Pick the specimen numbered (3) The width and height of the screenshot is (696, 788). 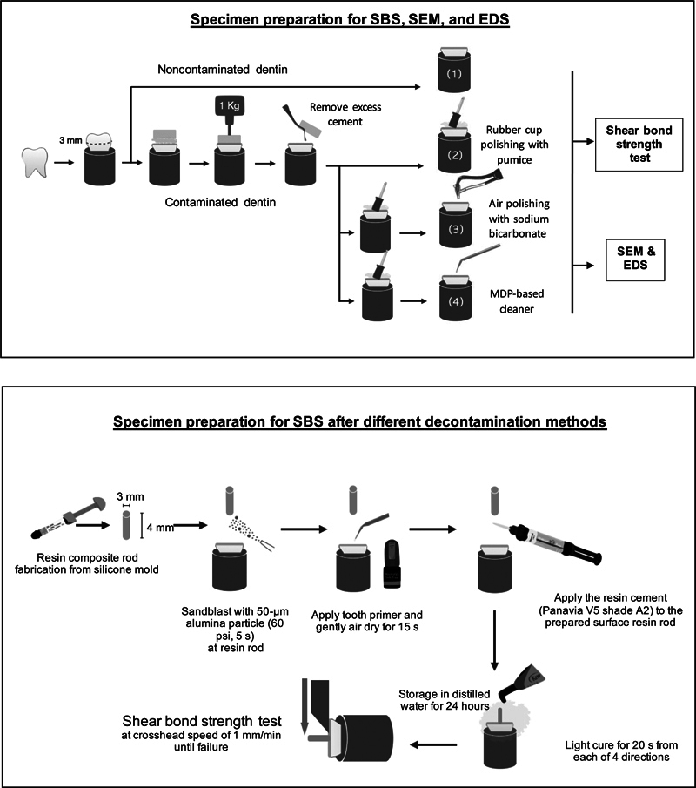(453, 228)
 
